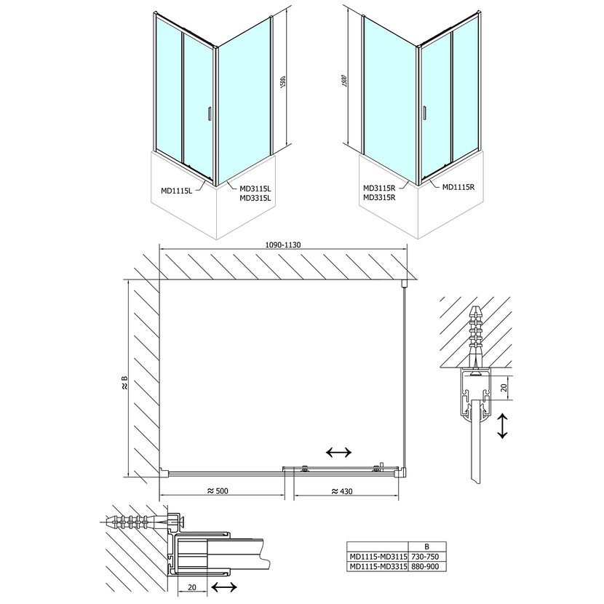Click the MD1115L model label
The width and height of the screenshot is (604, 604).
(x=176, y=191)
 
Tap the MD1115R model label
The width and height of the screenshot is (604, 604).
(x=458, y=187)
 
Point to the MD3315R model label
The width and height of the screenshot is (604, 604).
(x=378, y=197)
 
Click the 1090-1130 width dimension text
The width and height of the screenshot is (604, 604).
(x=280, y=245)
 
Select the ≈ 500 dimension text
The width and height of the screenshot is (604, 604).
(x=218, y=491)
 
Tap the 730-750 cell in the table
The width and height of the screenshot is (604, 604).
(x=427, y=557)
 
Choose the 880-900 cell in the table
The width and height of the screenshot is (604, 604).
(x=427, y=567)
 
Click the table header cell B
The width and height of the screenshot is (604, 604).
(x=427, y=547)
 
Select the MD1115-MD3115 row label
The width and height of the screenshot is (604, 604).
(x=375, y=557)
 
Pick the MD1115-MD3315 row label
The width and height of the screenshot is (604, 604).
(x=375, y=567)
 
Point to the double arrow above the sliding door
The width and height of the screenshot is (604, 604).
(x=339, y=453)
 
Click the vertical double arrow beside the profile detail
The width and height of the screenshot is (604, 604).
(x=502, y=427)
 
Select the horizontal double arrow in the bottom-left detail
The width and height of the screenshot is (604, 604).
(x=222, y=588)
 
